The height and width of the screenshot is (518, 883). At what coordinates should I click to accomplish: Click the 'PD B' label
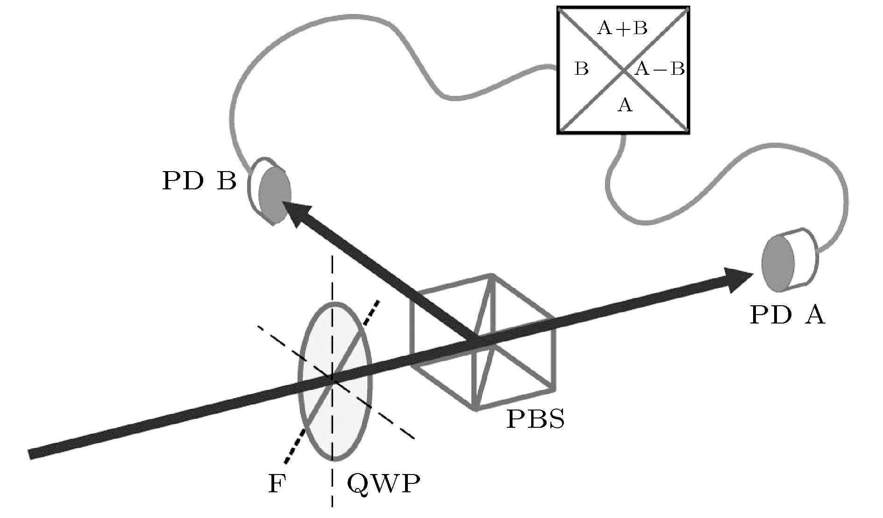(x=199, y=181)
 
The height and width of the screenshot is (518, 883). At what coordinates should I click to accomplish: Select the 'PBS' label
(x=535, y=419)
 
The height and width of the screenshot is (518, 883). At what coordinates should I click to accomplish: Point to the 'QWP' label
(x=383, y=484)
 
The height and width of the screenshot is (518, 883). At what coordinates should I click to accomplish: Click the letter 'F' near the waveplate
(x=277, y=484)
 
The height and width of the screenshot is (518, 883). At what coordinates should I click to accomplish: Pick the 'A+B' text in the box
(x=622, y=29)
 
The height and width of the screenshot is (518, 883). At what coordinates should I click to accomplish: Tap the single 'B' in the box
(x=582, y=70)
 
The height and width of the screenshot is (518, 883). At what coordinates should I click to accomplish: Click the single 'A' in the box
(x=625, y=106)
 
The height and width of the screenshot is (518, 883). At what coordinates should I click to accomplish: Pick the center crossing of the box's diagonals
(x=624, y=71)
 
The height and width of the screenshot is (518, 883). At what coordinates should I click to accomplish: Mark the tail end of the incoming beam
(x=33, y=453)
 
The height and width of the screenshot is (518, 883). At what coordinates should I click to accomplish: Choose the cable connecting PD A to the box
(x=748, y=154)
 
